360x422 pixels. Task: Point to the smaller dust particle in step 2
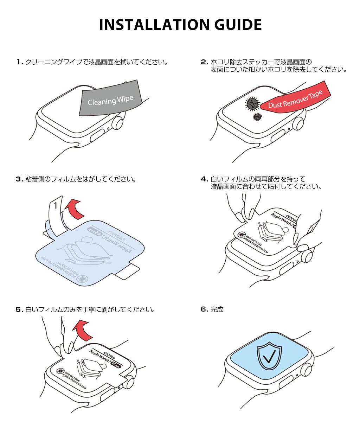(x=258, y=117)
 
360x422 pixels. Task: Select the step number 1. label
(x=20, y=63)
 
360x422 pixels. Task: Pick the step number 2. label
(x=204, y=63)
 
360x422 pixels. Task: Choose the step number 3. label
(x=20, y=179)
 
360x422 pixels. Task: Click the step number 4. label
(x=204, y=179)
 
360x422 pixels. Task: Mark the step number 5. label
(x=20, y=310)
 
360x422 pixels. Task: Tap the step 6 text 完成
(x=217, y=310)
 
